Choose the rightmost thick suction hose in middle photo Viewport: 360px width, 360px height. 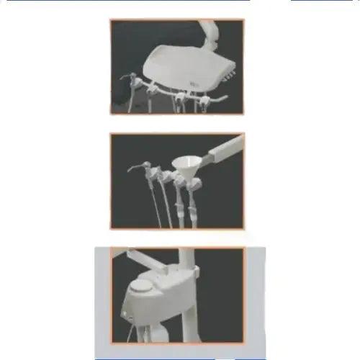point(193,209)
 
